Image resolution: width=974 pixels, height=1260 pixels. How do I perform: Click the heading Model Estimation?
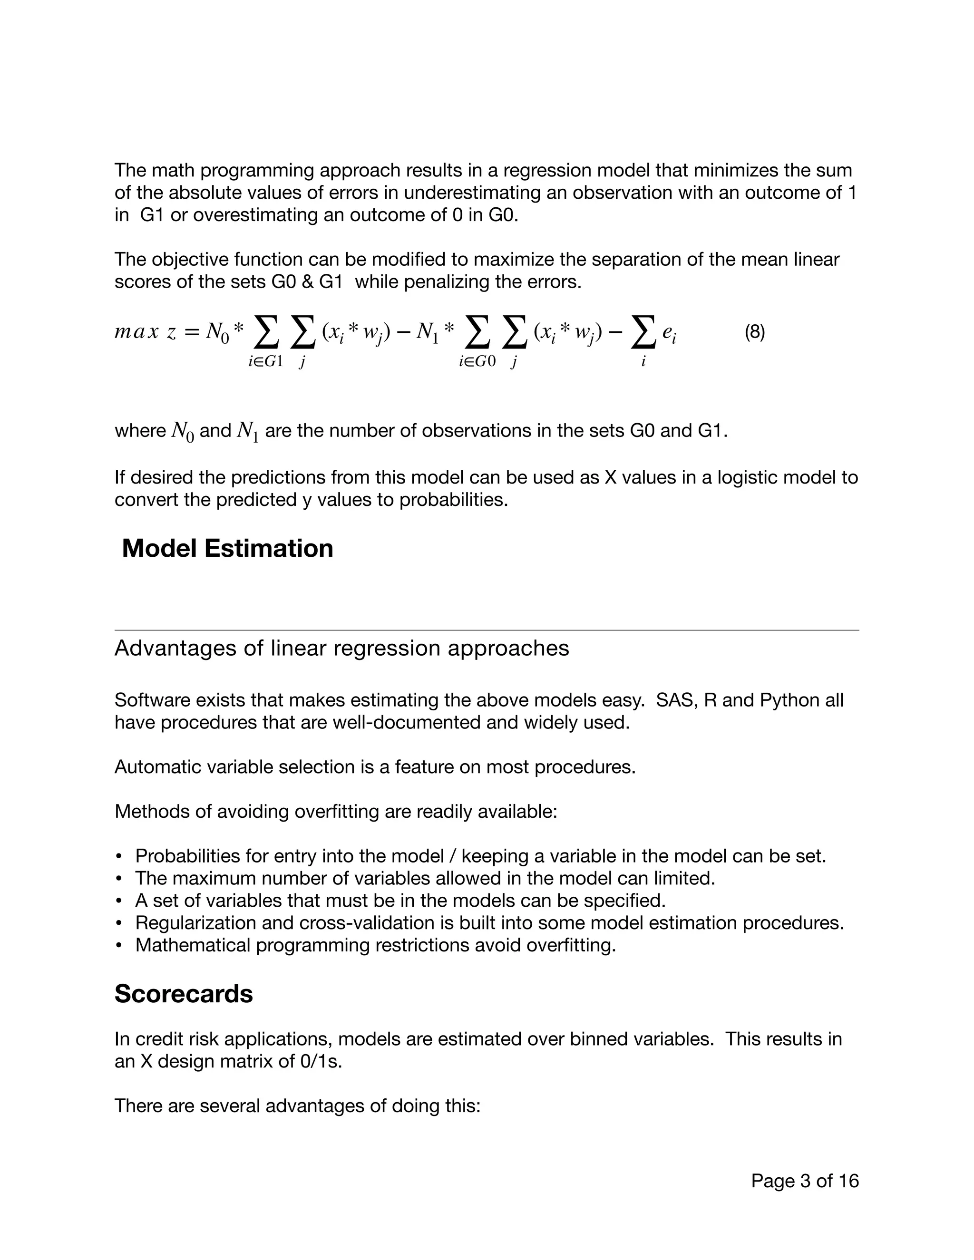pyautogui.click(x=227, y=549)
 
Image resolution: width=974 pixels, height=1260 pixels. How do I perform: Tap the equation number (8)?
pyautogui.click(x=755, y=332)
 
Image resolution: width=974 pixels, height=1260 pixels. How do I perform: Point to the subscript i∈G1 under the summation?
pyautogui.click(x=266, y=362)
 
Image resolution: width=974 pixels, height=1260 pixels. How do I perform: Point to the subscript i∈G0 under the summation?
pyautogui.click(x=477, y=362)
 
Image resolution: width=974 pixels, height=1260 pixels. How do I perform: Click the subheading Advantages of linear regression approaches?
pyautogui.click(x=341, y=649)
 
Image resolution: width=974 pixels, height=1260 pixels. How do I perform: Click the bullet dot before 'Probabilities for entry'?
pyautogui.click(x=119, y=857)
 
